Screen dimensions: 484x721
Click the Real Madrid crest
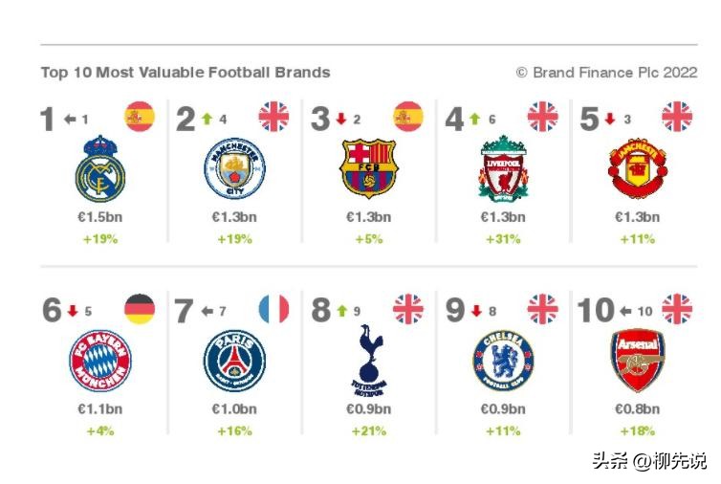tap(99, 169)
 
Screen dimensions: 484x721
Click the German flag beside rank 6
tap(139, 310)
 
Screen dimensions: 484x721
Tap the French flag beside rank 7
tap(273, 310)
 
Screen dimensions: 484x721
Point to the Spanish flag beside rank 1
tap(139, 117)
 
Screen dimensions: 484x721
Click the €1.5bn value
tap(99, 217)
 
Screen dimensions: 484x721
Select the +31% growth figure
tap(503, 239)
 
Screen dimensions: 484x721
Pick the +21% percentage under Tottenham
tap(368, 431)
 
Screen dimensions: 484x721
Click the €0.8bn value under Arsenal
tap(636, 409)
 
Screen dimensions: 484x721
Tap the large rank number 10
tap(596, 311)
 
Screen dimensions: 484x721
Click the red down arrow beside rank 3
tap(339, 120)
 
